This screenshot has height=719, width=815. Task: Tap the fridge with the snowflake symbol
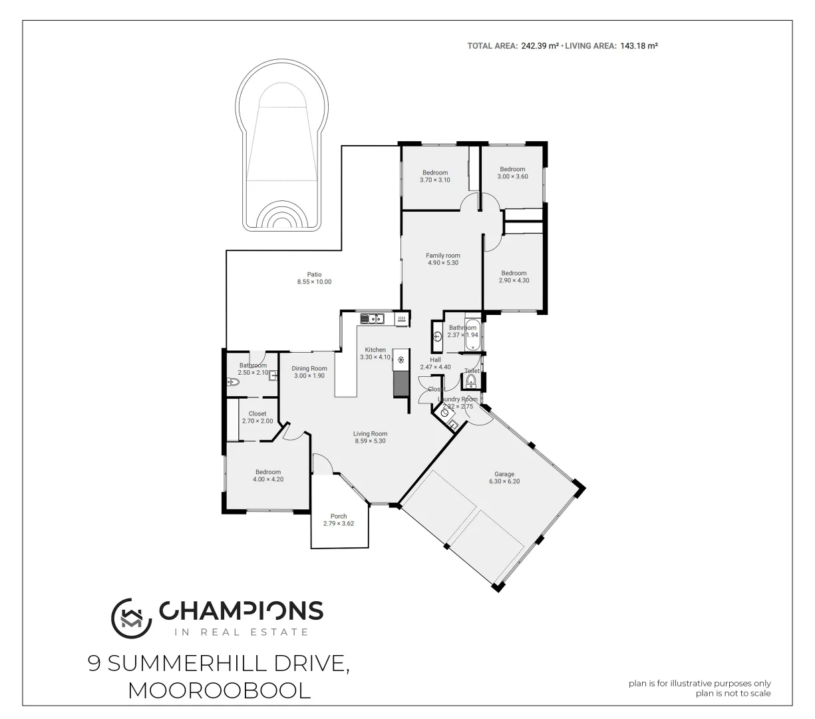coord(401,360)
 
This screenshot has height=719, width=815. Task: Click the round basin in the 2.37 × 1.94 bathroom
coord(437,336)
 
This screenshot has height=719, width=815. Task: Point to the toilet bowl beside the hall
coord(471,380)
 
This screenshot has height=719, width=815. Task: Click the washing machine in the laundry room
coord(444,412)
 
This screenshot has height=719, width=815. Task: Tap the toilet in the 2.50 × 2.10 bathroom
coord(232,382)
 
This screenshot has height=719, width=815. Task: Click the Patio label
coord(314,274)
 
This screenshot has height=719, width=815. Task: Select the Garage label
coord(504,474)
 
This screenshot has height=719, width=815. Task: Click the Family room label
coord(443,256)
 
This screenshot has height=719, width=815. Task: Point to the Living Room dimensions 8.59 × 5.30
coord(370,441)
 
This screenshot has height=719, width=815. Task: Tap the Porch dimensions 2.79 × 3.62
coord(339,524)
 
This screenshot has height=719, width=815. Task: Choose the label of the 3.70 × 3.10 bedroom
coord(435,172)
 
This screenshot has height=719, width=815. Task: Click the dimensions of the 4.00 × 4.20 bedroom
coord(267,479)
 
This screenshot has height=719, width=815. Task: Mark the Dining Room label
coord(309,368)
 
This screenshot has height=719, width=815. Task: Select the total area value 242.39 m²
coord(540,46)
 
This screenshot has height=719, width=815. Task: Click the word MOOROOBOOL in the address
coord(219,690)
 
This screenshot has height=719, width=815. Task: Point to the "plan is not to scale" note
coord(733,693)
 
